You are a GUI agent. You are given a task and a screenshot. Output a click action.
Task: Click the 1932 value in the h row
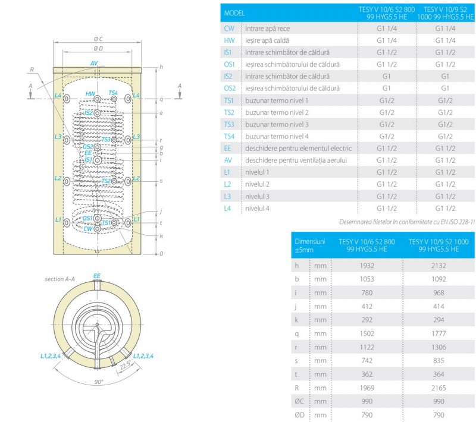(367, 265)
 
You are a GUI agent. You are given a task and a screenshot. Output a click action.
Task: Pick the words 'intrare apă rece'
(267, 28)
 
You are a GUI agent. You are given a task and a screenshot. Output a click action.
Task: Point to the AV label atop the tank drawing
(94, 62)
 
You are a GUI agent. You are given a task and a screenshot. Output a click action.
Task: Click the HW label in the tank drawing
(90, 94)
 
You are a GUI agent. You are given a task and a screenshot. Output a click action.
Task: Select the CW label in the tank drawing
(87, 228)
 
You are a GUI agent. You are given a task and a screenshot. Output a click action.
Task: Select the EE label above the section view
(97, 276)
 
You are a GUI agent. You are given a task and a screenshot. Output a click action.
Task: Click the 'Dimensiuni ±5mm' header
(310, 245)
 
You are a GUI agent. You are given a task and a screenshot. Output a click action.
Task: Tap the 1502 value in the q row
(367, 333)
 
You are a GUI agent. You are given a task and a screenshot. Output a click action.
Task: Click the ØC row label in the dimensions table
(300, 402)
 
